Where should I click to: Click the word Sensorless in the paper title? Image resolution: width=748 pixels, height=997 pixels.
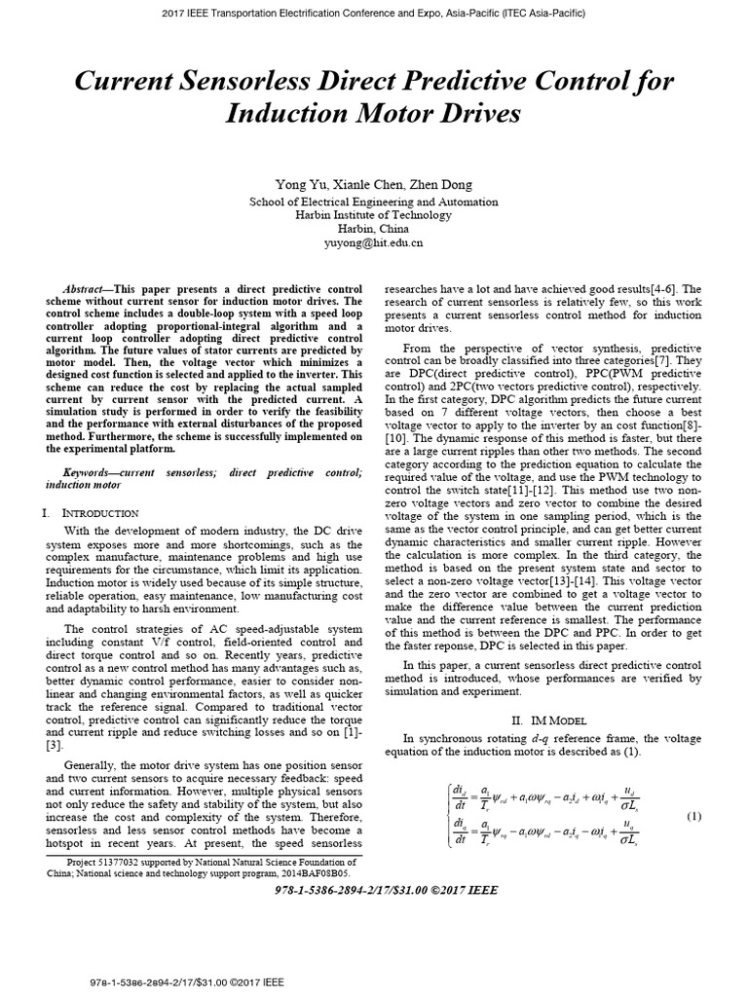tap(278, 81)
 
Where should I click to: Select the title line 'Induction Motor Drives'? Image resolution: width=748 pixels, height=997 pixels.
tap(373, 114)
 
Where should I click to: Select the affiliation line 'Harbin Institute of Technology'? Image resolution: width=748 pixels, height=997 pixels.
tap(373, 215)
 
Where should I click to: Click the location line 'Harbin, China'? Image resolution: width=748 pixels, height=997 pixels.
tap(373, 230)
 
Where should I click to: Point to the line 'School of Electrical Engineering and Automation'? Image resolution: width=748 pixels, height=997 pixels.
tap(373, 202)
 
